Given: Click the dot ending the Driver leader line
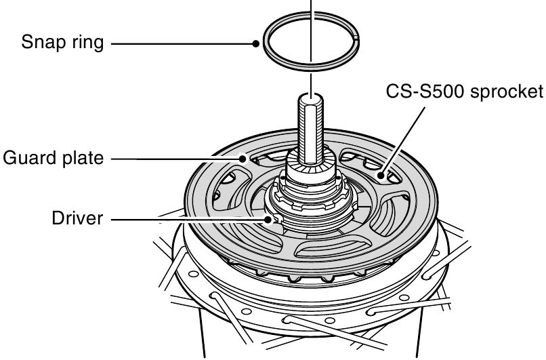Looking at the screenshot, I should pos(268,219).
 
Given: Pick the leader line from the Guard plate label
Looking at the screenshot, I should pos(176,159).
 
